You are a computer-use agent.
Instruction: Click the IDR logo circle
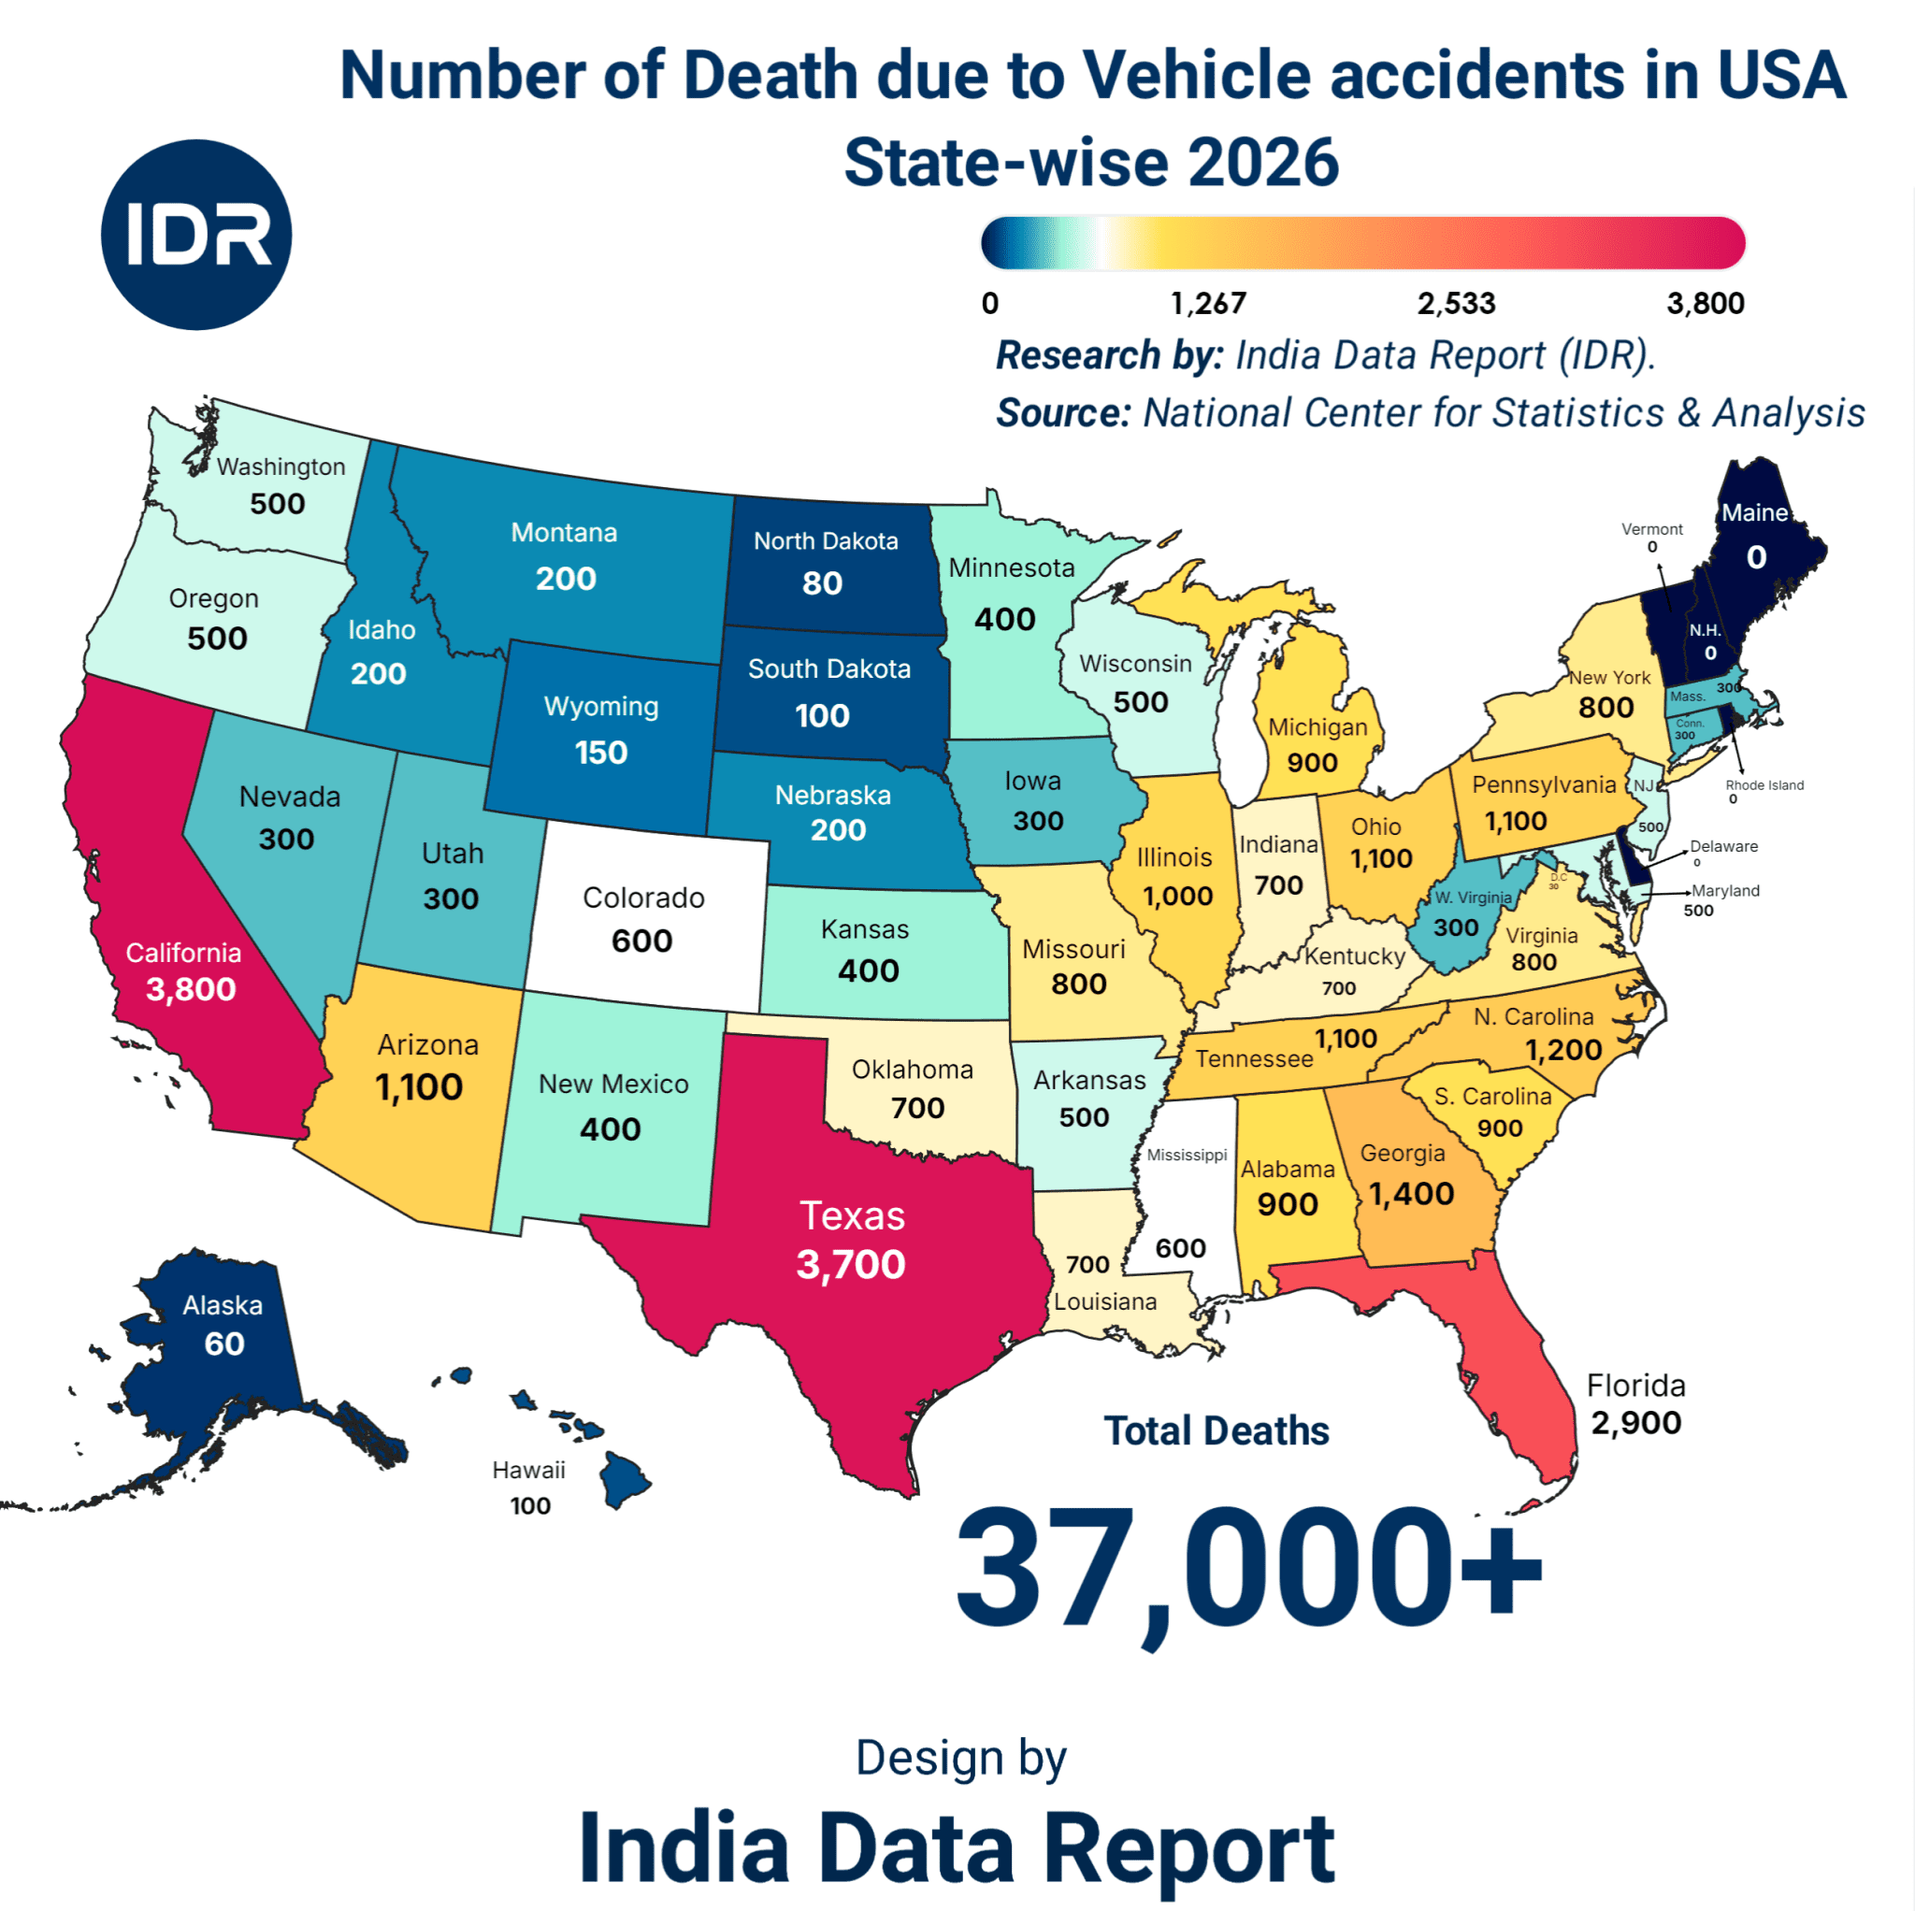coord(196,235)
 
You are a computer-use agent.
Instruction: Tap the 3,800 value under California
coord(191,989)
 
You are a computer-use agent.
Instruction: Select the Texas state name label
coord(852,1215)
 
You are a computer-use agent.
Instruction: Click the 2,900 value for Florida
coord(1635,1423)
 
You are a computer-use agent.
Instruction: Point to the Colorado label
coord(643,898)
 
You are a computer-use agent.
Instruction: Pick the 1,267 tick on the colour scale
coord(1208,303)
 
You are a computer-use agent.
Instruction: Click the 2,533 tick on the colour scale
coord(1455,303)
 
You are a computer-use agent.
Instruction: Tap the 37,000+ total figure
coord(1248,1569)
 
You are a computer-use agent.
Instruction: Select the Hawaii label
coord(528,1470)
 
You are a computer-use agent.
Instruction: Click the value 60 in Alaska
coord(224,1344)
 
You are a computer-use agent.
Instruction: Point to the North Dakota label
coord(826,541)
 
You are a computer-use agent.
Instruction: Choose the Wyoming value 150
coord(600,753)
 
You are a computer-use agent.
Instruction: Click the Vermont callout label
coord(1651,529)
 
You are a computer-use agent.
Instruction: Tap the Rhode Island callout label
coord(1764,785)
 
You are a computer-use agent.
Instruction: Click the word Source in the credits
coord(1062,413)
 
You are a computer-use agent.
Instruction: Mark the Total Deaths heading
coord(1217,1430)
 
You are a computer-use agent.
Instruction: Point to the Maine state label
coord(1753,512)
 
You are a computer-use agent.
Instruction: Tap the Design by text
coord(960,1758)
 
